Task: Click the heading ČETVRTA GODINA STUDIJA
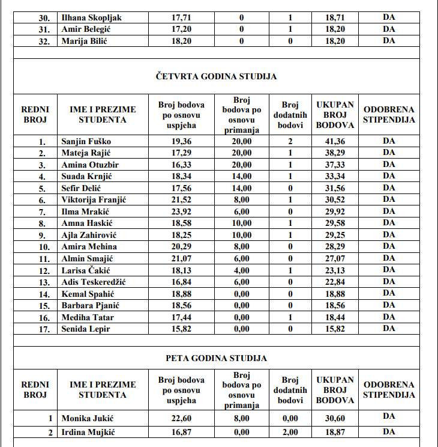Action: click(216, 76)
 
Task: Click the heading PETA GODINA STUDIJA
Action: click(216, 358)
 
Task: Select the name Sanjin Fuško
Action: click(86, 141)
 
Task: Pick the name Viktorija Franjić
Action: click(97, 200)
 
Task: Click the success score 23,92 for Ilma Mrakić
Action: click(181, 211)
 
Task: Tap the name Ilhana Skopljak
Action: click(91, 17)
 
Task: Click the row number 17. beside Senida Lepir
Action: click(42, 329)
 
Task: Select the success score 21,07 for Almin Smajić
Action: click(181, 258)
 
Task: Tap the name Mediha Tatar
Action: click(88, 317)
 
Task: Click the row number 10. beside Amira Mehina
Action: click(42, 247)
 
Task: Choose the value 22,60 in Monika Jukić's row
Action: click(181, 416)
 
